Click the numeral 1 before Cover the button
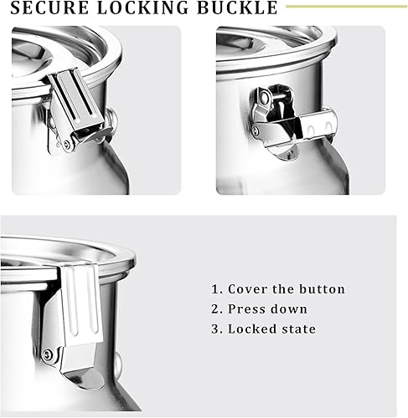[x=214, y=289]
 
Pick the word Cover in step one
[x=245, y=289]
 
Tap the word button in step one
[x=322, y=289]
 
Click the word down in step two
[x=290, y=309]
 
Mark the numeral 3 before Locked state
[x=214, y=329]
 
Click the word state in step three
[x=299, y=329]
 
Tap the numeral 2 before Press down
[x=214, y=309]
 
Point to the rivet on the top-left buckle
[x=67, y=144]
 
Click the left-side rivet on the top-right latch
[x=256, y=130]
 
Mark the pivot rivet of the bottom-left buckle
[x=48, y=356]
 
